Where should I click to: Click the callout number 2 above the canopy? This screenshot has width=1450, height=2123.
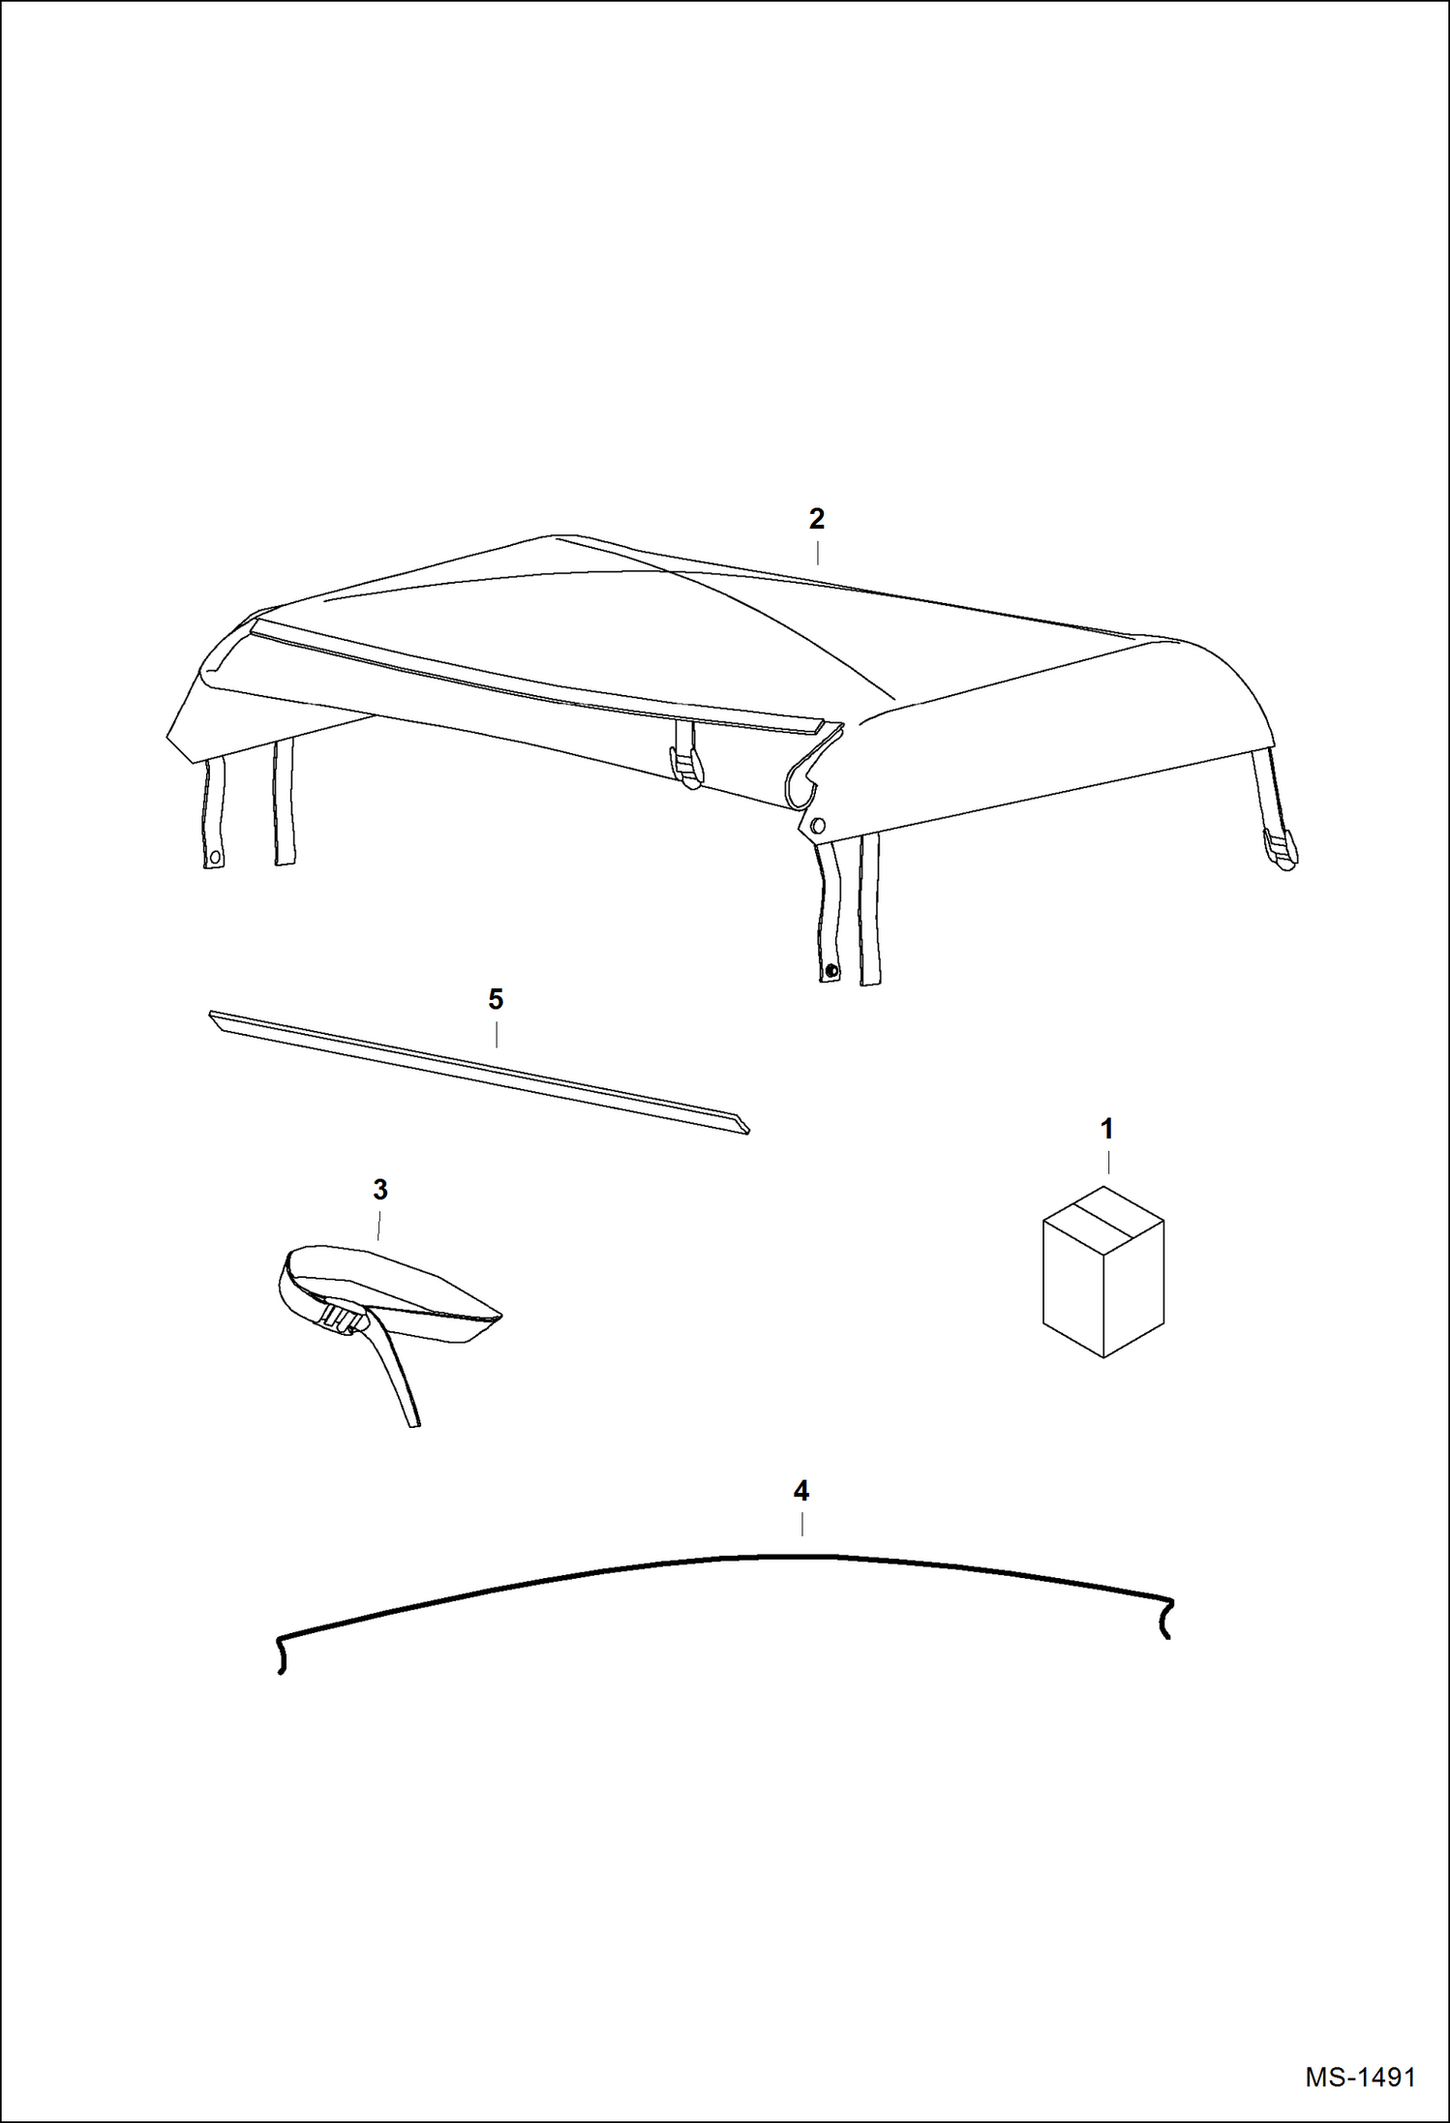point(816,520)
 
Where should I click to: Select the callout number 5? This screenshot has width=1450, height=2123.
point(496,999)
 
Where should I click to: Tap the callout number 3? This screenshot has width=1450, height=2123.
point(380,1190)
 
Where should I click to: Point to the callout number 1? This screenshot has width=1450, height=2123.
point(1106,1129)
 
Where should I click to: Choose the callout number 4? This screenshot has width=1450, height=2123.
point(801,1491)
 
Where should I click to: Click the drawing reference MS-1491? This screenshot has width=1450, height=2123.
point(1359,2077)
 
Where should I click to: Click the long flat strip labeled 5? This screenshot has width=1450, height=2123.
point(479,1072)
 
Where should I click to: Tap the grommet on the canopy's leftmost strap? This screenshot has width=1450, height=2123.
point(214,857)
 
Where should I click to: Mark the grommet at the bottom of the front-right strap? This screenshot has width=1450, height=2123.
point(831,970)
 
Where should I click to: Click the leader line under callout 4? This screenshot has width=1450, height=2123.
point(801,1524)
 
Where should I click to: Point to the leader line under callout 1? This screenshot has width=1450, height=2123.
point(1107,1162)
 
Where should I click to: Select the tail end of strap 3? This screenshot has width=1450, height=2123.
point(413,1422)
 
